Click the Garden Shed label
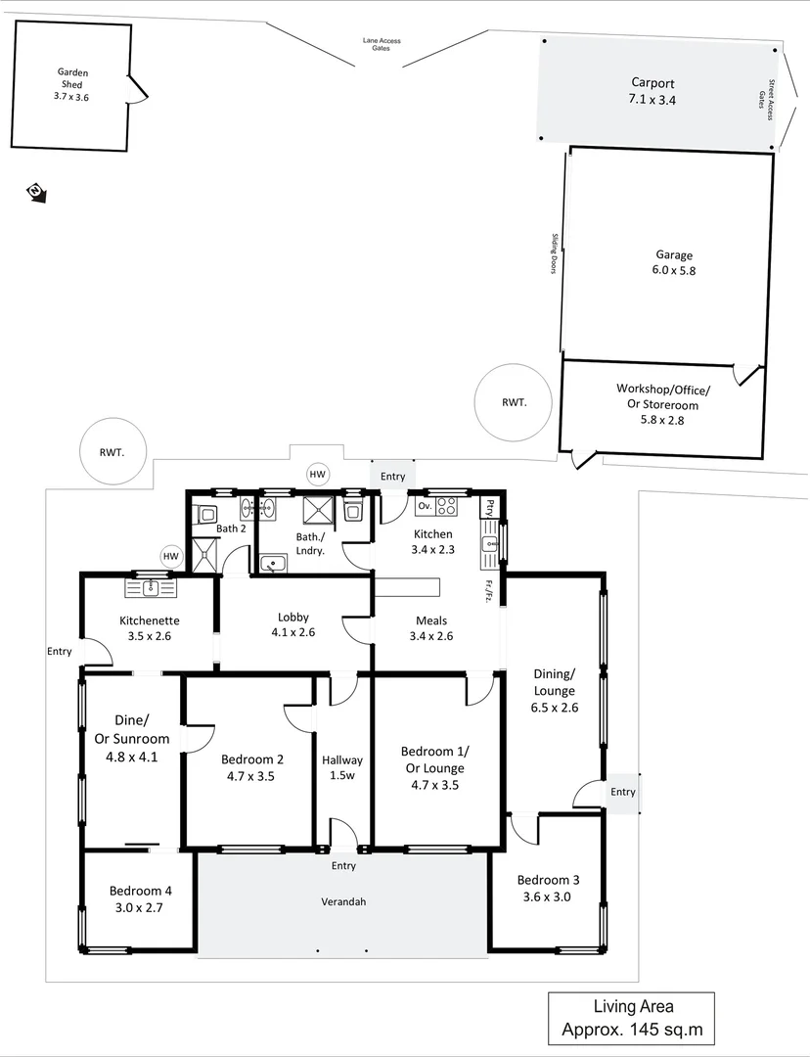click(71, 78)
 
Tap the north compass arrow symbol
click(36, 192)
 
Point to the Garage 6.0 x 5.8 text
click(674, 262)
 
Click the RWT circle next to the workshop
click(513, 401)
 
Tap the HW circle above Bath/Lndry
click(317, 475)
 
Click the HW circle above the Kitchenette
click(171, 557)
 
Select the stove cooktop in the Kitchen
click(446, 506)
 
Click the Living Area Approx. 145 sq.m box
click(631, 1018)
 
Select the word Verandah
click(343, 901)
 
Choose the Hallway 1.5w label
click(342, 768)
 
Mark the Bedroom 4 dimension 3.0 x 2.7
click(141, 907)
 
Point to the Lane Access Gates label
click(381, 45)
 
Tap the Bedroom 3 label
click(543, 879)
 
